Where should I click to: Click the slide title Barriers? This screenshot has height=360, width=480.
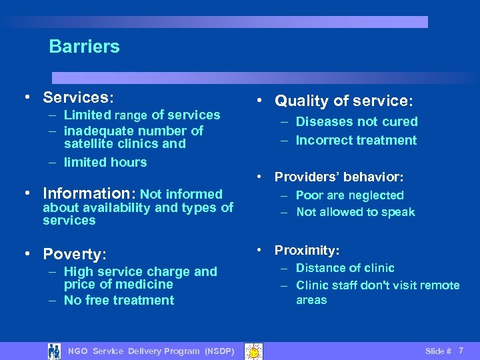point(84,47)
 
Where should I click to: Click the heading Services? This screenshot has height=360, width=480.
point(78,97)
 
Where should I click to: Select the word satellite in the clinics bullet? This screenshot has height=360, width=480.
point(89,143)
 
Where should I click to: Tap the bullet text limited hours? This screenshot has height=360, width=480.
point(105,162)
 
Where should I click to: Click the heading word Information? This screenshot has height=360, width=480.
point(89,194)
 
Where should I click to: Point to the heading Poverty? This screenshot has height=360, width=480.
point(75,254)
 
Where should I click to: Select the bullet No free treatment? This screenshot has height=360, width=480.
point(119,300)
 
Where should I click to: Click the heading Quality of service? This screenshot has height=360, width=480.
point(344,101)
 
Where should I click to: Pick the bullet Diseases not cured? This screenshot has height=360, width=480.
point(356,121)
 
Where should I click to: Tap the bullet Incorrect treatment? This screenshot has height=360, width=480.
point(356,140)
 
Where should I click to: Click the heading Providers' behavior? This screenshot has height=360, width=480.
point(339,177)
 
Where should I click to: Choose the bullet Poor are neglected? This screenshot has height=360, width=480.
point(349,195)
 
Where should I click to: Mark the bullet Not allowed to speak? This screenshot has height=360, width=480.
point(355,212)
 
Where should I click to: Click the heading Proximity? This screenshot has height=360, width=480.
point(307,250)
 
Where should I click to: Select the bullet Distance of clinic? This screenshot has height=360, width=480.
point(345,268)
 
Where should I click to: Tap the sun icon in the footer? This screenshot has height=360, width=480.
point(253,351)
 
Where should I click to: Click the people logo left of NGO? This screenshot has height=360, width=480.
point(54,351)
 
